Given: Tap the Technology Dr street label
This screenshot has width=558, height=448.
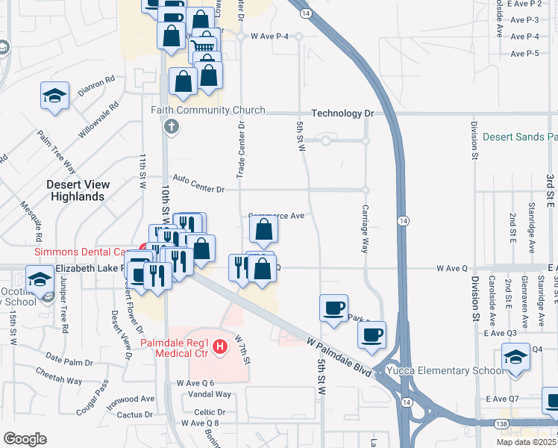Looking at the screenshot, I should (342, 113).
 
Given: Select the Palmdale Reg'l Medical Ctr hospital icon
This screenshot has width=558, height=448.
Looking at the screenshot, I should (219, 346).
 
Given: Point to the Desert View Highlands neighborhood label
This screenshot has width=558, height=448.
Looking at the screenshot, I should (78, 190).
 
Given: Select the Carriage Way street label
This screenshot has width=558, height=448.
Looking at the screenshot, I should (366, 228).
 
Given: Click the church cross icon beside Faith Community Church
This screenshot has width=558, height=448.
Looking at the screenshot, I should (171, 125).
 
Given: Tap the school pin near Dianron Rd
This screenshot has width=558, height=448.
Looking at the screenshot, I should (54, 96).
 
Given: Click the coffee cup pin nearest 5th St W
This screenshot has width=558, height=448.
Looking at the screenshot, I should (333, 307).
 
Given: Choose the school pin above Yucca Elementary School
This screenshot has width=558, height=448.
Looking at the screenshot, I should (515, 356).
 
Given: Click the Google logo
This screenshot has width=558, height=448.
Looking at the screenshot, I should (25, 439).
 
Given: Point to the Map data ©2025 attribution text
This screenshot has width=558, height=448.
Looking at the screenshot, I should (526, 442).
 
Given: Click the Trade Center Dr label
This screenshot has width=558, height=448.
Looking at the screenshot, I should (241, 150).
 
